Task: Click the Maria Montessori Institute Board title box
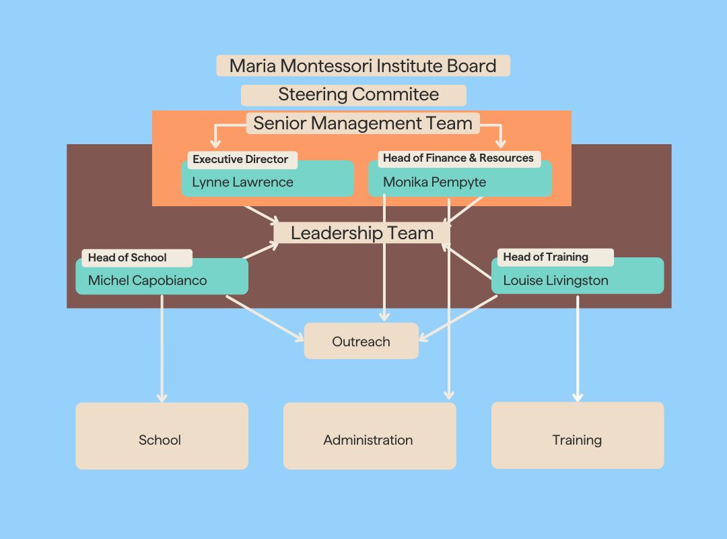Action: coord(363,65)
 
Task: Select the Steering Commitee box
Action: coord(353,94)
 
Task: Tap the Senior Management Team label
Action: coord(363,123)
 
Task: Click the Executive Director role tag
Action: coord(240,160)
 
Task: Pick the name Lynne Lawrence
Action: coord(242,182)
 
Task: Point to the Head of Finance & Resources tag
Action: coord(458,158)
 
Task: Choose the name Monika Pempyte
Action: coord(434,182)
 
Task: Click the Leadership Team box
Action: coord(362,233)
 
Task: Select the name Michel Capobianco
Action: coord(147,280)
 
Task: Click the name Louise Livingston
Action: coord(555,280)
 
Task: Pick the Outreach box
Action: coord(361,342)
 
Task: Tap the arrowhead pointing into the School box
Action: coord(162,398)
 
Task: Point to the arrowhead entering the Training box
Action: coord(578,397)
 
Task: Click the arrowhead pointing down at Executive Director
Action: coord(215,143)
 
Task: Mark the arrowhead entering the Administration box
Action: coord(449,395)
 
